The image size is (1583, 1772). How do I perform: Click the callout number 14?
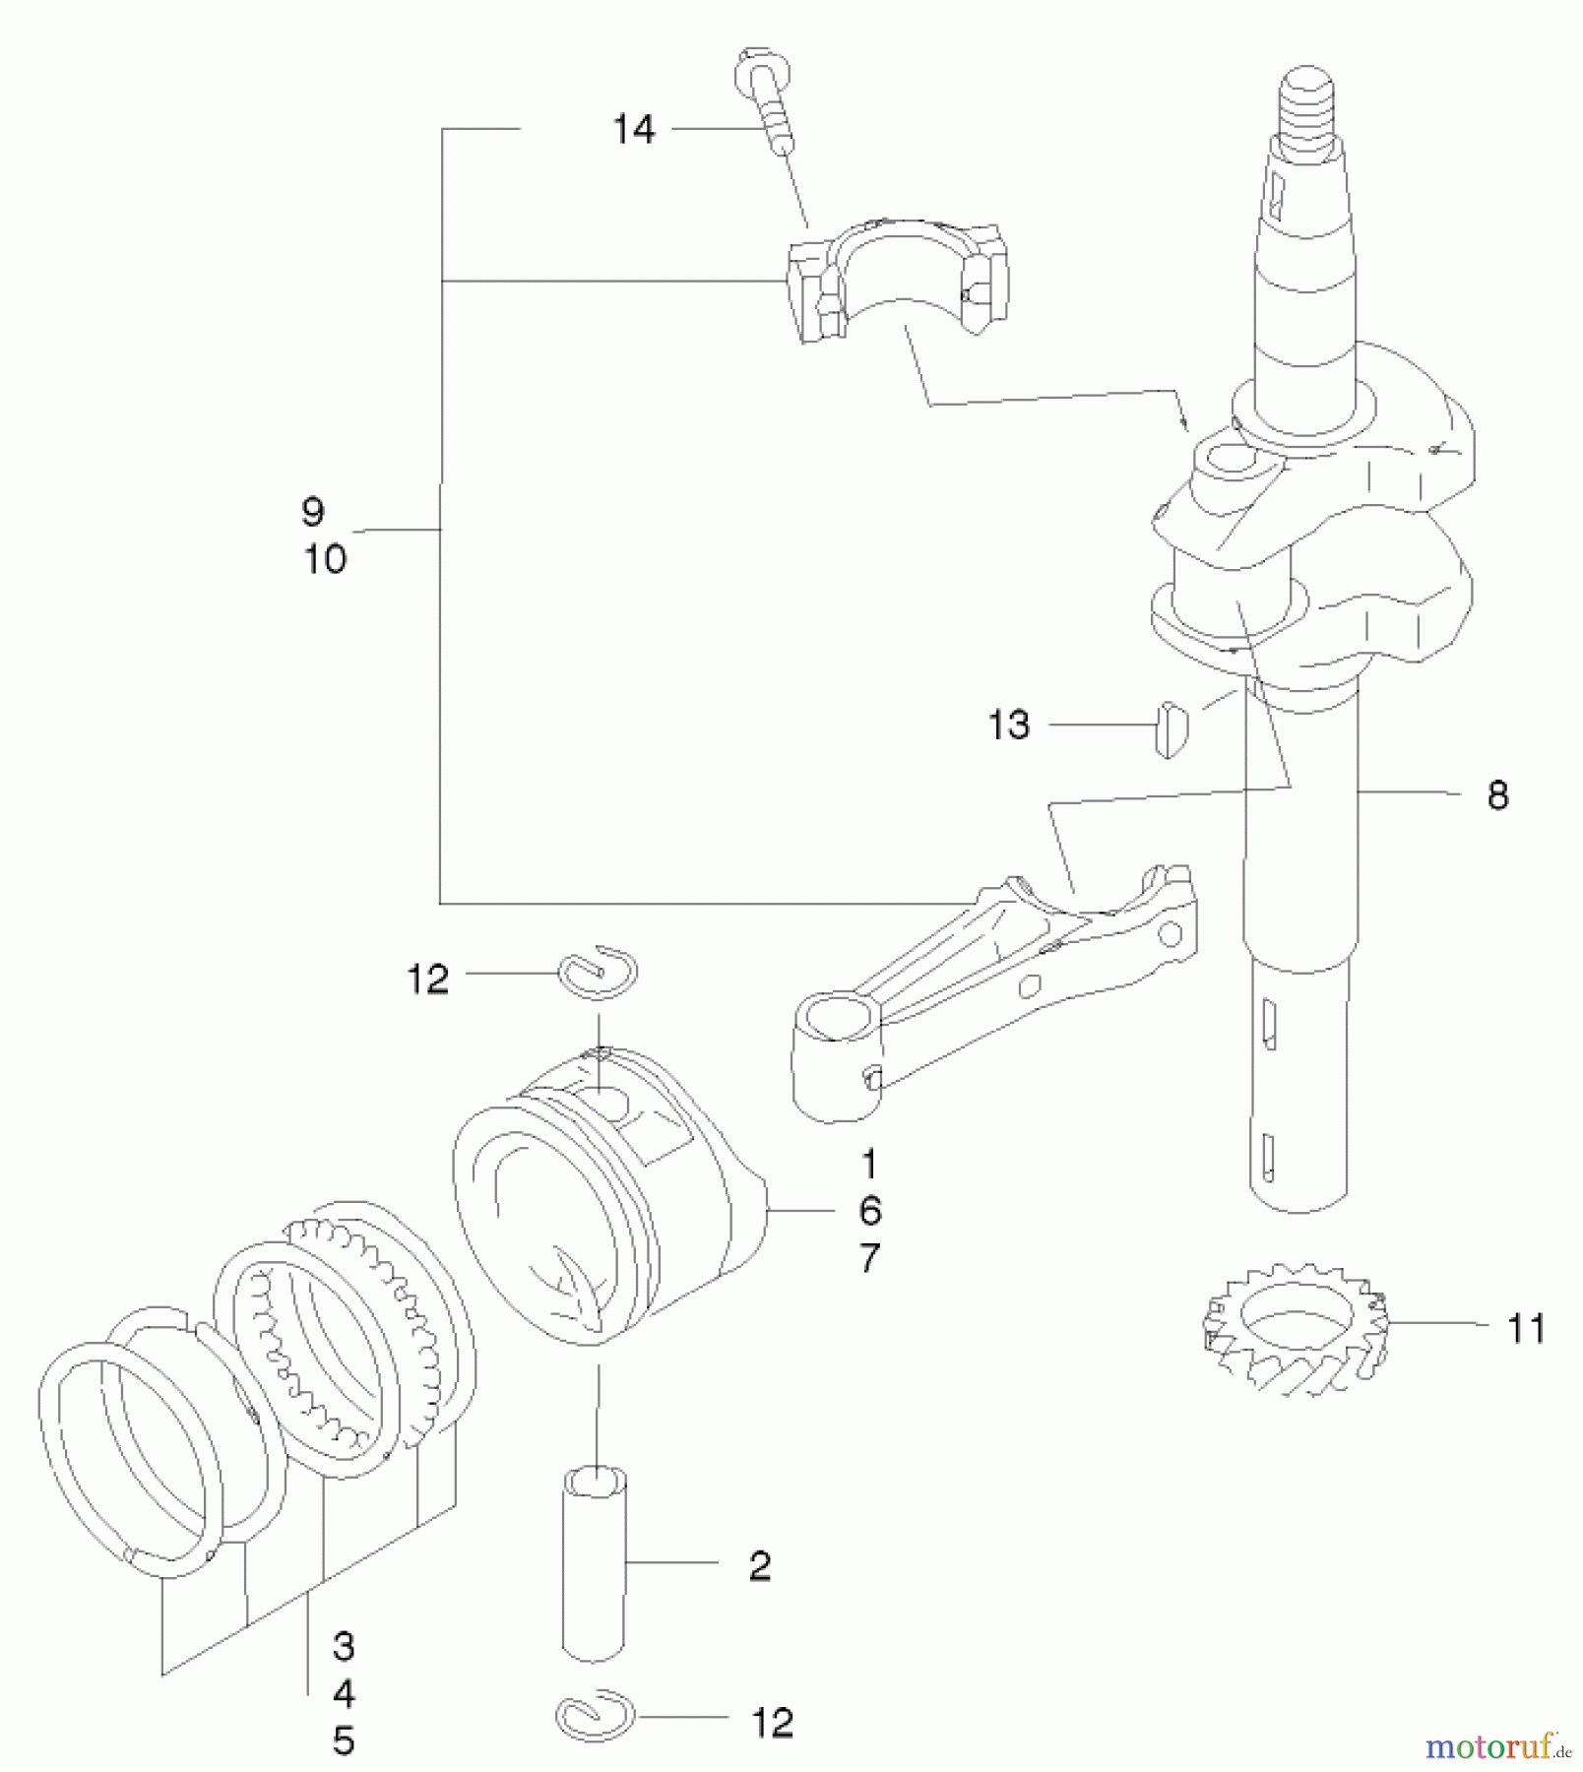pyautogui.click(x=633, y=129)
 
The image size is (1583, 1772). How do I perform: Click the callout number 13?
pyautogui.click(x=1008, y=726)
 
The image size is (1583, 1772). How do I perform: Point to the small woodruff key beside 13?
pyautogui.click(x=1171, y=728)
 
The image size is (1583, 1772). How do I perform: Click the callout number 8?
pyautogui.click(x=1497, y=794)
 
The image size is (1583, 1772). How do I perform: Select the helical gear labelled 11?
pyautogui.click(x=1294, y=1329)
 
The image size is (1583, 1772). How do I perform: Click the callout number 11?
pyautogui.click(x=1527, y=1329)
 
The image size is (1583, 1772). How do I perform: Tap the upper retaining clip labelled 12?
pyautogui.click(x=599, y=973)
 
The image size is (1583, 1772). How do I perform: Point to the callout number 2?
pyautogui.click(x=759, y=1566)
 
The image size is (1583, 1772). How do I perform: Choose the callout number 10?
pyautogui.click(x=325, y=559)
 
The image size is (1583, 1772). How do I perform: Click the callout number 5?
pyautogui.click(x=343, y=1740)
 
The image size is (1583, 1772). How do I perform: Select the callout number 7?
pyautogui.click(x=869, y=1258)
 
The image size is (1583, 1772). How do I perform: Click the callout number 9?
pyautogui.click(x=313, y=512)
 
